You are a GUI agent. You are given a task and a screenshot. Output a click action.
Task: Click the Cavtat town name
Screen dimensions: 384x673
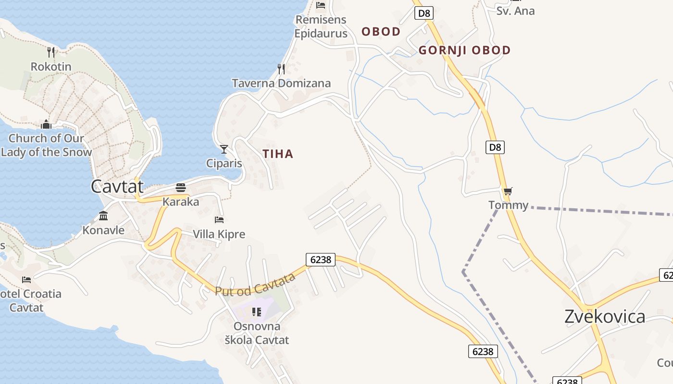pyautogui.click(x=117, y=186)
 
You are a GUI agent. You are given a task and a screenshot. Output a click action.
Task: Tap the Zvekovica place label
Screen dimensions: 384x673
pyautogui.click(x=605, y=317)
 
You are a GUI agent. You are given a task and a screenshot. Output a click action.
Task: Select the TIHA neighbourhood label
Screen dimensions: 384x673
pyautogui.click(x=278, y=154)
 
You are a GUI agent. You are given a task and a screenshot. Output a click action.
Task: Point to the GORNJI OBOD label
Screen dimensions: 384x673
pyautogui.click(x=464, y=50)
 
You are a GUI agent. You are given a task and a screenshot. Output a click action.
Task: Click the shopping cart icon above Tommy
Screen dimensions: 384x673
pyautogui.click(x=508, y=192)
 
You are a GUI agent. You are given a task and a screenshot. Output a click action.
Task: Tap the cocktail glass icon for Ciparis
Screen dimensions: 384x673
pyautogui.click(x=224, y=149)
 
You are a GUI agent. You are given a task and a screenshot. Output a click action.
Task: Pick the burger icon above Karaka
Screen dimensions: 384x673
pyautogui.click(x=181, y=187)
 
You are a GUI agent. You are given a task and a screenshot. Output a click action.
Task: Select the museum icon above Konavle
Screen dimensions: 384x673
pyautogui.click(x=103, y=216)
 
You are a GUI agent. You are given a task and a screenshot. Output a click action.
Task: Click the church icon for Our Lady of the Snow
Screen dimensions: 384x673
pyautogui.click(x=46, y=124)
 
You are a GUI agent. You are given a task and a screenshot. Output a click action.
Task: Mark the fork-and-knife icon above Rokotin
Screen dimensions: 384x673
pyautogui.click(x=51, y=52)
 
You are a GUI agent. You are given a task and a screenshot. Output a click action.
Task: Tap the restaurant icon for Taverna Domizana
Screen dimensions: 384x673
pyautogui.click(x=281, y=69)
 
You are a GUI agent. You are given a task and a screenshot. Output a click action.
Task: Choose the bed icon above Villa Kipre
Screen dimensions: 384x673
pyautogui.click(x=219, y=220)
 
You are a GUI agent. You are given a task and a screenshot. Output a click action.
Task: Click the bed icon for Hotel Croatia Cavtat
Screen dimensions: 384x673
pyautogui.click(x=26, y=279)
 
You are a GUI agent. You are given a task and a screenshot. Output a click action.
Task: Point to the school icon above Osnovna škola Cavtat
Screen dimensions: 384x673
pyautogui.click(x=257, y=312)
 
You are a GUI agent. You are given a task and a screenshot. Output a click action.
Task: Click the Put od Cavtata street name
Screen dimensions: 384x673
pyautogui.click(x=255, y=284)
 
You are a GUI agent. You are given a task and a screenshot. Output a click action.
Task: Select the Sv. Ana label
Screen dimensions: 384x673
pyautogui.click(x=515, y=11)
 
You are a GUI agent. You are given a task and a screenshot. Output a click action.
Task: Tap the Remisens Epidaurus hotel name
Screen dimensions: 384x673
pyautogui.click(x=321, y=27)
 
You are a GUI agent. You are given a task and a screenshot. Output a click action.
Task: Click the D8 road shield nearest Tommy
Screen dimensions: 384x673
pyautogui.click(x=495, y=147)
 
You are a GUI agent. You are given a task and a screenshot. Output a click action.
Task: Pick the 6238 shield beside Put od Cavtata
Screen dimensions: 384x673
pyautogui.click(x=321, y=260)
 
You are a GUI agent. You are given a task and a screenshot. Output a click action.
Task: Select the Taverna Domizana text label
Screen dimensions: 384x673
pyautogui.click(x=281, y=84)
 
